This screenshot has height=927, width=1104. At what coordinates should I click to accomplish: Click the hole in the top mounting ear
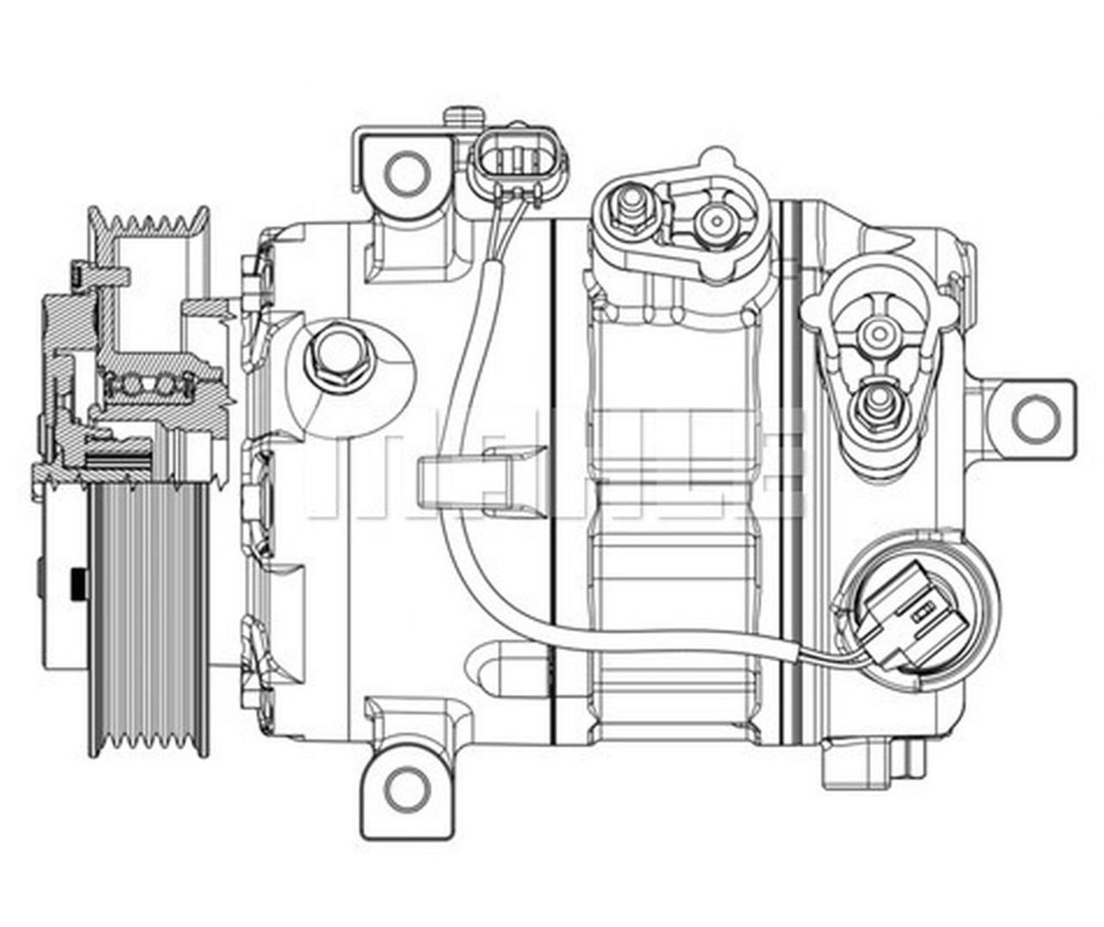coord(407,173)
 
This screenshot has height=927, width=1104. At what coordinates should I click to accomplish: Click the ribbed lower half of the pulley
coord(148,612)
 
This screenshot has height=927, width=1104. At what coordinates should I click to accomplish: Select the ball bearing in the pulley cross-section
coord(144,382)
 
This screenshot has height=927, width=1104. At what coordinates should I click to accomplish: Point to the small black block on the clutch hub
coord(79,585)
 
